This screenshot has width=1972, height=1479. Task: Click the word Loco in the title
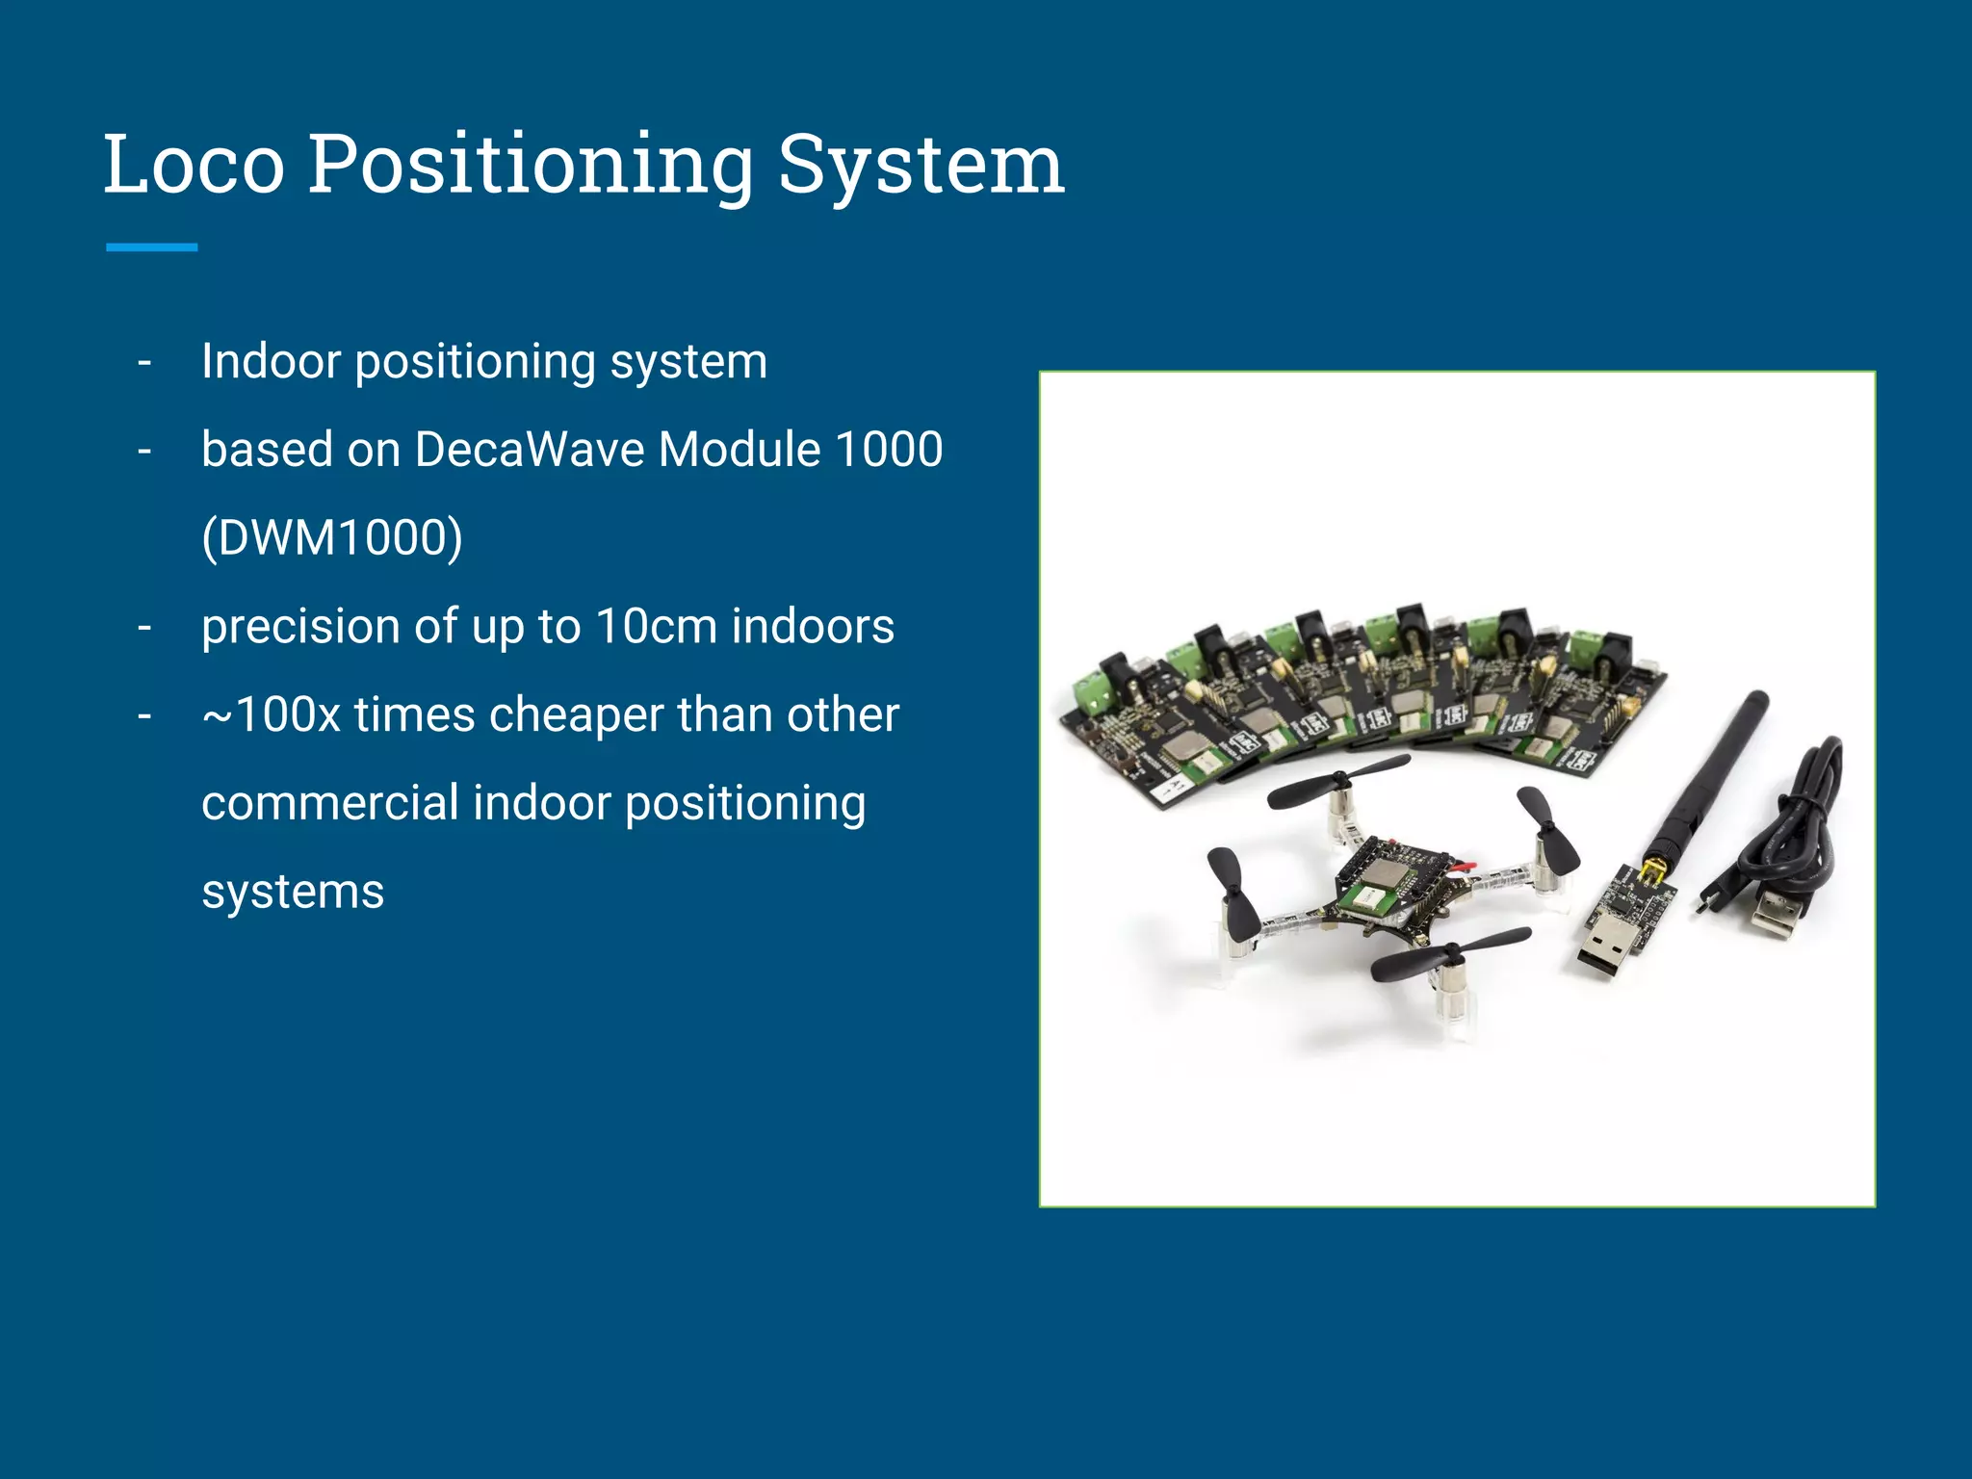coord(194,165)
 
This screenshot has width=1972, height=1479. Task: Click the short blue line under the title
coord(151,247)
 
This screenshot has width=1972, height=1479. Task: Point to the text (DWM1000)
coord(332,537)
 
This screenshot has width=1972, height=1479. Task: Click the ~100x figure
coord(272,714)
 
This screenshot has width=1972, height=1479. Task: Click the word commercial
coord(329,803)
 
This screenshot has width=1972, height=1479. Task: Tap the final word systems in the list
coord(293,892)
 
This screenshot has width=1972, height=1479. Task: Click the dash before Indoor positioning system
coord(144,362)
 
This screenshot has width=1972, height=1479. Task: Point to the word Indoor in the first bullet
coord(272,362)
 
